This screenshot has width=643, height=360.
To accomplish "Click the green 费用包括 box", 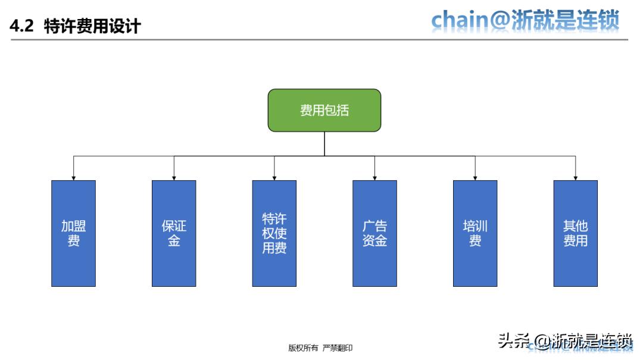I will click(x=324, y=110).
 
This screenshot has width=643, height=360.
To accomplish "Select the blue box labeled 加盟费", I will click(x=73, y=233).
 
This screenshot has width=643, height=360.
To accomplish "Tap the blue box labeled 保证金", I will click(x=174, y=233).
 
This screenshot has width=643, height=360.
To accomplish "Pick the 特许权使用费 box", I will click(x=274, y=233).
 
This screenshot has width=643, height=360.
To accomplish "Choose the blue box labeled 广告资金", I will click(x=374, y=233).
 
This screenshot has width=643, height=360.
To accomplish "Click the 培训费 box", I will click(x=475, y=233).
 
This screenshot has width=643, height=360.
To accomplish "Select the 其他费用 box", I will click(x=575, y=233).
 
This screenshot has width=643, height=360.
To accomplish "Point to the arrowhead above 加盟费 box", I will click(x=73, y=177).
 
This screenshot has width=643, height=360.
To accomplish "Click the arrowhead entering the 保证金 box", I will click(x=174, y=177).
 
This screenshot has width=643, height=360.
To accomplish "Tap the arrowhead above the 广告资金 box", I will click(x=374, y=177).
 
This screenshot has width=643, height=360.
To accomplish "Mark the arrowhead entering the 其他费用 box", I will click(x=575, y=177).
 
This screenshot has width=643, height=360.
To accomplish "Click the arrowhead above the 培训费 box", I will click(x=475, y=177).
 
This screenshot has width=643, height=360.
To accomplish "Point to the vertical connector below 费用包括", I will click(x=324, y=143).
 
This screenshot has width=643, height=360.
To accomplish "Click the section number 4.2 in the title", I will click(x=22, y=27).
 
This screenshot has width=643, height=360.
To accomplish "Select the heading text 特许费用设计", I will click(x=92, y=27).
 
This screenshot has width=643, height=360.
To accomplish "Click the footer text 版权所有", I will click(x=303, y=348).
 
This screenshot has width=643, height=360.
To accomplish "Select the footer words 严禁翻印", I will click(x=338, y=348).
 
